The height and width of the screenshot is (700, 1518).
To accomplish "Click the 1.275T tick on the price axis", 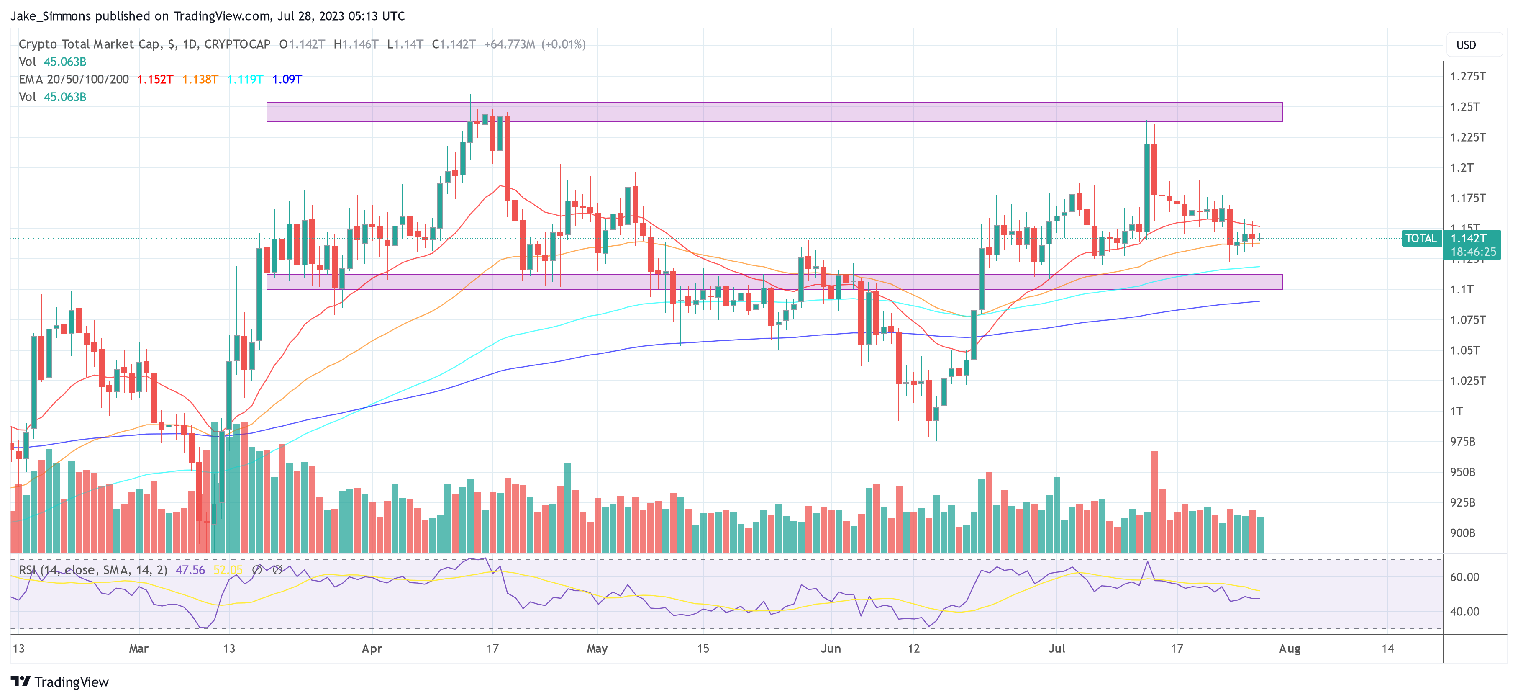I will (x=1467, y=76).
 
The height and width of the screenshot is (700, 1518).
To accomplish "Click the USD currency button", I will (x=1466, y=45).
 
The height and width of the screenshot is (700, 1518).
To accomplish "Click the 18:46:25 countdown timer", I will (x=1473, y=252).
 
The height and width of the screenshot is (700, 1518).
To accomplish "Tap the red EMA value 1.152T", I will (x=155, y=79).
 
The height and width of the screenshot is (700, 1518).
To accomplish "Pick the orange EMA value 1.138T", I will (x=200, y=79).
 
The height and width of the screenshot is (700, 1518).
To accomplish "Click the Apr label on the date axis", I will (x=372, y=648).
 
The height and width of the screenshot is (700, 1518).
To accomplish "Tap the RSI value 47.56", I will (x=190, y=570).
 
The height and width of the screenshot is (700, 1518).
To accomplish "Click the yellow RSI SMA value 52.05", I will (x=228, y=570).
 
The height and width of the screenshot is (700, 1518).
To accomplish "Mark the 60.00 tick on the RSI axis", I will (x=1464, y=577).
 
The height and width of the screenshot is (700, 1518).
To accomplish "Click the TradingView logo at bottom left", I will (x=59, y=682).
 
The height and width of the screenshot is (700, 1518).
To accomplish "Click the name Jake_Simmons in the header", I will (x=51, y=16).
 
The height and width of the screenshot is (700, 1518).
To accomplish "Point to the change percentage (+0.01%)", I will (x=563, y=44).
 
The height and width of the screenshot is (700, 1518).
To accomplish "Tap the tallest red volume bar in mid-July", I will (x=1154, y=501).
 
